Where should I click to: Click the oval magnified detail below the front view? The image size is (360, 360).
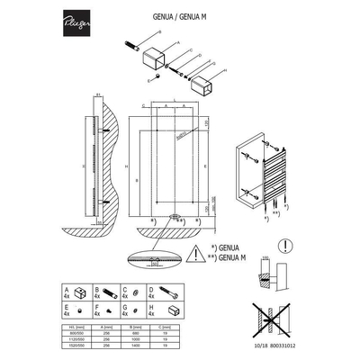tap(154, 258)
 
